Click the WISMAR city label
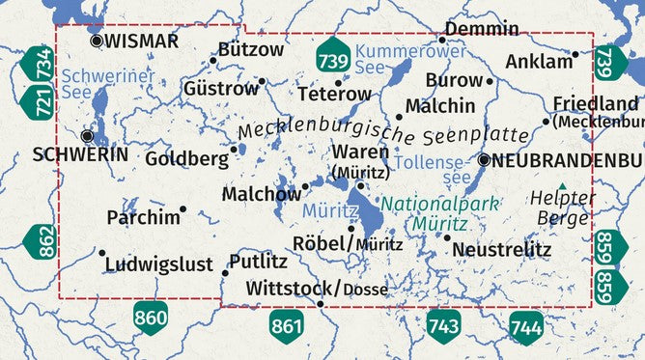pyautogui.click(x=141, y=41)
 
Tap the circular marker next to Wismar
pyautogui.click(x=96, y=41)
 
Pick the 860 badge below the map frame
pyautogui.click(x=150, y=317)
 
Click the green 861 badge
pyautogui.click(x=287, y=326)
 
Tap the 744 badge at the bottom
pyautogui.click(x=526, y=326)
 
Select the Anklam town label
pyautogui.click(x=539, y=62)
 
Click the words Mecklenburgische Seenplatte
pyautogui.click(x=383, y=132)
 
